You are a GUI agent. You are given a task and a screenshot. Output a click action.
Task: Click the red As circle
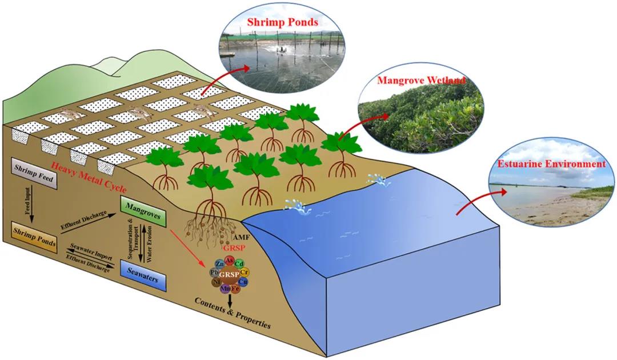click(x=229, y=261)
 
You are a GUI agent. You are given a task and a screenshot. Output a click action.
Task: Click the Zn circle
click(x=219, y=263)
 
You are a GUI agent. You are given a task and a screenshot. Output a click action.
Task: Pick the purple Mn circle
click(x=225, y=289)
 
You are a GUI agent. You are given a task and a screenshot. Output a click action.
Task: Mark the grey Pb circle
click(x=214, y=272)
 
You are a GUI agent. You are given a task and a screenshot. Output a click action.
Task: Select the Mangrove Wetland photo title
click(x=421, y=81)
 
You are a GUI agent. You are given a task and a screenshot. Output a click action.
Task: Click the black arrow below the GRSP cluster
click(x=230, y=298)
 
